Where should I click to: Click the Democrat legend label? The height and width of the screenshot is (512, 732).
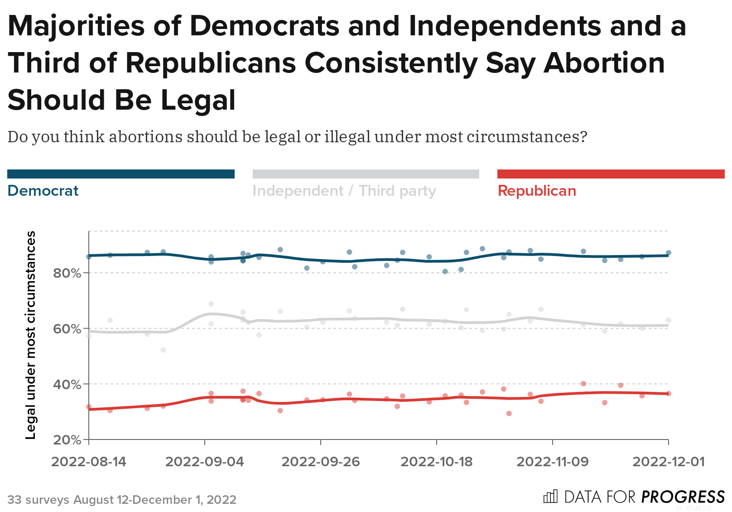[43, 191]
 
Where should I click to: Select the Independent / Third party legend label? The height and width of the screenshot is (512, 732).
[344, 191]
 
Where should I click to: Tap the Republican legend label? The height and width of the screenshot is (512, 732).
[537, 191]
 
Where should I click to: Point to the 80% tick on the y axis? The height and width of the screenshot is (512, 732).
[67, 273]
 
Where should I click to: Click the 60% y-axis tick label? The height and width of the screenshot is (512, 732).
[67, 329]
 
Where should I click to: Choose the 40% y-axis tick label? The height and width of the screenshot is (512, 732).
[67, 385]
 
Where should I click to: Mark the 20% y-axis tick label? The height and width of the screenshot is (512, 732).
[67, 440]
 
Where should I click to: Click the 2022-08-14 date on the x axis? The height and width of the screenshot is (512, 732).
[89, 462]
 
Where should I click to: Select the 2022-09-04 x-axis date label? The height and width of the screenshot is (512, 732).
[205, 462]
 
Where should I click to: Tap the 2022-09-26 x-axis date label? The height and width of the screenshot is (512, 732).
[321, 462]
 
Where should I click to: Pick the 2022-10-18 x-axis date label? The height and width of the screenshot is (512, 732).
[437, 462]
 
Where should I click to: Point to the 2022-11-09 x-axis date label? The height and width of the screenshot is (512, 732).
[553, 462]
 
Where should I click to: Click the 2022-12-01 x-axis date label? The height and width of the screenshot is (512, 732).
[669, 462]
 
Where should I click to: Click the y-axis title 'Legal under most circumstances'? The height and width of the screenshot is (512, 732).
[30, 335]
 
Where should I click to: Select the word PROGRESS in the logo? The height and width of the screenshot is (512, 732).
[683, 497]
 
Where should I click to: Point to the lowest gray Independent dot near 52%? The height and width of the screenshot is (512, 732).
[163, 350]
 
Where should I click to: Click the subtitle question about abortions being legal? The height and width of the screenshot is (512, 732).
[297, 136]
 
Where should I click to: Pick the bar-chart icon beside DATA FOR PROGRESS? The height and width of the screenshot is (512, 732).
[550, 497]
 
